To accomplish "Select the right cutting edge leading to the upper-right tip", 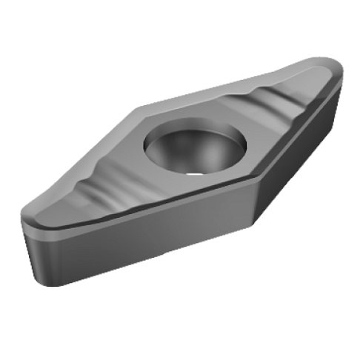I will coord(304,119).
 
